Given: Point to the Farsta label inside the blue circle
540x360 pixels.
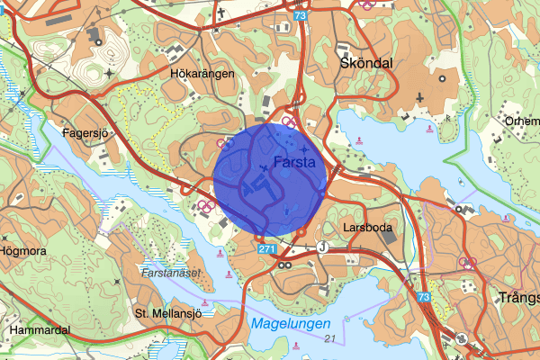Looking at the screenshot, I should click(x=292, y=163).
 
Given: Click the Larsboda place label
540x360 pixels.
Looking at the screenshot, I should click(x=367, y=228).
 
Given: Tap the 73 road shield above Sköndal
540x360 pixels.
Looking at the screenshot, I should click(x=299, y=16).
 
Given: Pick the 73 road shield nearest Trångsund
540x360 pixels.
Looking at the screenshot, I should click(x=424, y=296).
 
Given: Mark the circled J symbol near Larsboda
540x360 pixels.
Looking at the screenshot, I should click(x=321, y=246).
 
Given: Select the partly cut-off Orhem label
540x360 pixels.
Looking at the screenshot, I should click(x=522, y=121).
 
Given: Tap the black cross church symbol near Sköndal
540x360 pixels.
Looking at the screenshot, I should click(x=419, y=95).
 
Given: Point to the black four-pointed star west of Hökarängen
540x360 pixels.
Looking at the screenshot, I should click(x=110, y=73).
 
